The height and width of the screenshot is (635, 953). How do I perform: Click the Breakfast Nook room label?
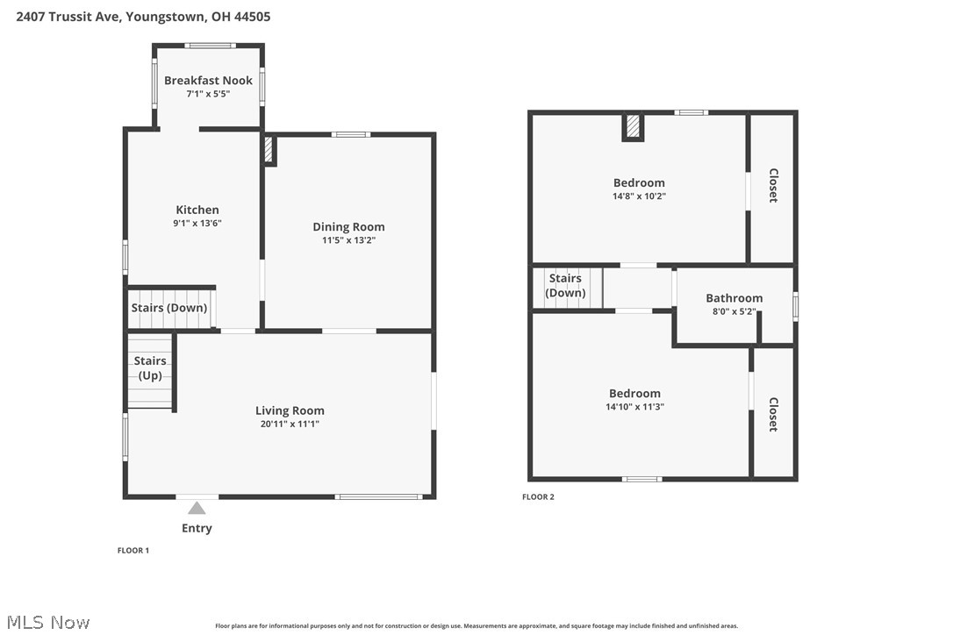pyautogui.click(x=208, y=80)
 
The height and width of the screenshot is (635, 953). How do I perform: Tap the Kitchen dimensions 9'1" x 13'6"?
pyautogui.click(x=197, y=223)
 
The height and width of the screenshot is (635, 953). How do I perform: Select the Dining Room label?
pyautogui.click(x=348, y=226)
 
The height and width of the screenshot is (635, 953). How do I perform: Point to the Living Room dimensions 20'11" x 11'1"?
pyautogui.click(x=290, y=425)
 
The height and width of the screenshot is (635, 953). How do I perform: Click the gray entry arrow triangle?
pyautogui.click(x=197, y=508)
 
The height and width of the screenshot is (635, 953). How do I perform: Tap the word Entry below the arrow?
pyautogui.click(x=197, y=528)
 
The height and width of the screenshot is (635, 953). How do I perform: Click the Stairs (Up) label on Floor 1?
pyautogui.click(x=150, y=367)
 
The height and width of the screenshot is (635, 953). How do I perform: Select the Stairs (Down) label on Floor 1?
pyautogui.click(x=169, y=308)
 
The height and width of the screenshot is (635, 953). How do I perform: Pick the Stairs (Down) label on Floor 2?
pyautogui.click(x=565, y=285)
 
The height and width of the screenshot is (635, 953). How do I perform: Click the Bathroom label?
pyautogui.click(x=734, y=297)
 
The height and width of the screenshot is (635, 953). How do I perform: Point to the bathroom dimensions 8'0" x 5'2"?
pyautogui.click(x=734, y=311)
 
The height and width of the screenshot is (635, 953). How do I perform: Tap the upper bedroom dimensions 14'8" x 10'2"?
pyautogui.click(x=639, y=196)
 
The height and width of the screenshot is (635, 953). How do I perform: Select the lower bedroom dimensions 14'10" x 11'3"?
pyautogui.click(x=634, y=407)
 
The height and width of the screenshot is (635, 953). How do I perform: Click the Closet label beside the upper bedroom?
pyautogui.click(x=773, y=185)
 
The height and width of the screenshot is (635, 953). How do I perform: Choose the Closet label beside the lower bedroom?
pyautogui.click(x=773, y=415)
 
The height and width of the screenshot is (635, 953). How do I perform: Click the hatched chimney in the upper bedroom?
pyautogui.click(x=633, y=126)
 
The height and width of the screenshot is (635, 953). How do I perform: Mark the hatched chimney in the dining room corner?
pyautogui.click(x=269, y=149)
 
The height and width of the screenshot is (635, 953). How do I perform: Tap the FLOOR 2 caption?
pyautogui.click(x=538, y=497)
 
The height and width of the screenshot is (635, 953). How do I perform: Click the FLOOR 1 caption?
pyautogui.click(x=133, y=551)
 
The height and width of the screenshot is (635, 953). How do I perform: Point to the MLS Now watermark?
pyautogui.click(x=48, y=622)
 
